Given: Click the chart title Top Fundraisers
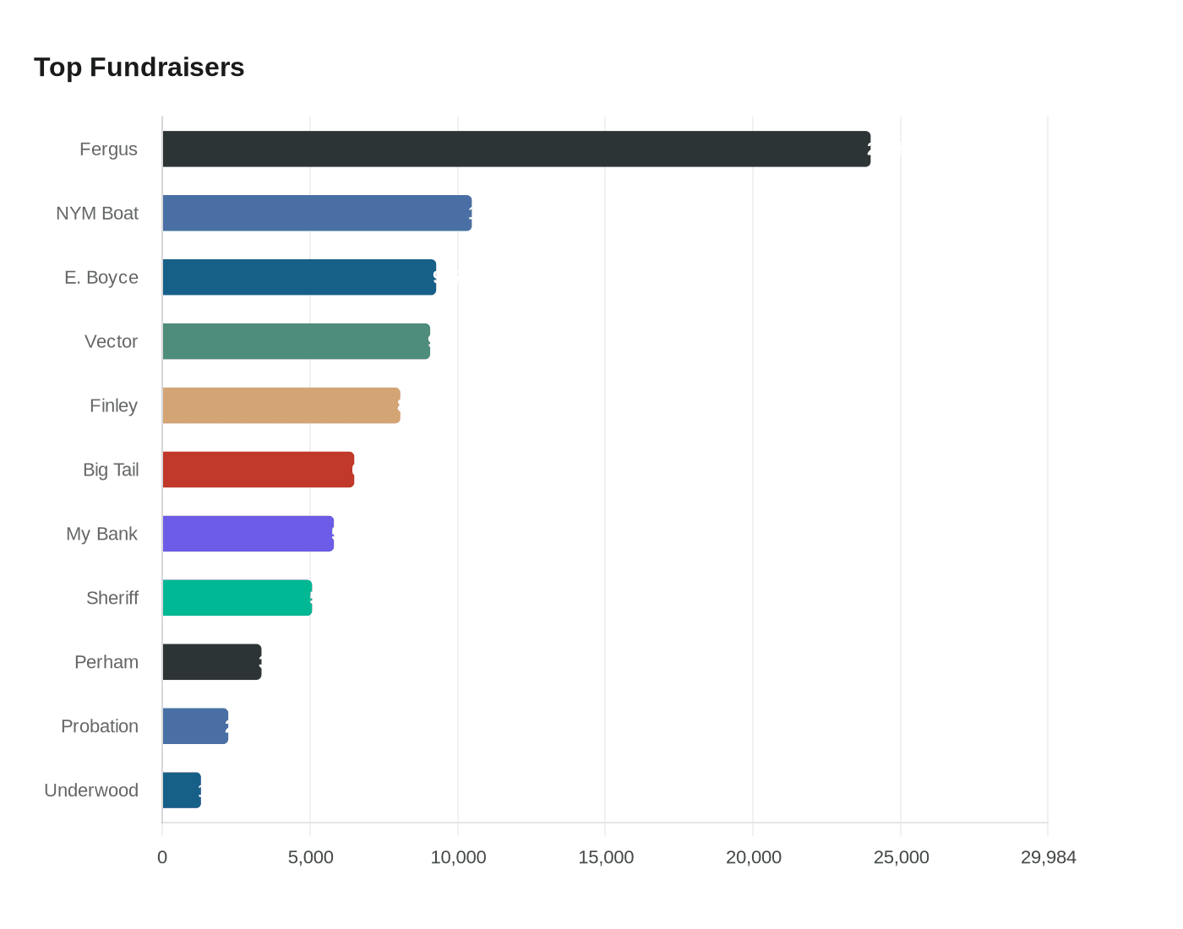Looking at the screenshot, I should coord(139,68).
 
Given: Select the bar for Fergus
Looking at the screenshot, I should coord(515,149).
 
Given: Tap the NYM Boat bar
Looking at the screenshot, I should coord(317,213).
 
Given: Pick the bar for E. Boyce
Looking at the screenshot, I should coord(299,277).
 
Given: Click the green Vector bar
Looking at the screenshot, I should coord(296,341).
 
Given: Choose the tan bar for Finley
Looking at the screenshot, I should coord(281,405).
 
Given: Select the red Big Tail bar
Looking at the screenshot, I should coord(258,470).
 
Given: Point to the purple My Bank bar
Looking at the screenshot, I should coord(248,534).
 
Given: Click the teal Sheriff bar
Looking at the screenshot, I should coord(237,598).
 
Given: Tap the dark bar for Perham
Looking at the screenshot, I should coord(211,662).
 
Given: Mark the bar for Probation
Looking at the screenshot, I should coord(195,726).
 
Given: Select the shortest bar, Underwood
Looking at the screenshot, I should coord(182,790).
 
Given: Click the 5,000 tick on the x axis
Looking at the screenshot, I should coord(310,857).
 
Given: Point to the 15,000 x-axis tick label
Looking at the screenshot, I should coord(606,857).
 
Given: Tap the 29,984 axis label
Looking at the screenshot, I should coord(1048,857).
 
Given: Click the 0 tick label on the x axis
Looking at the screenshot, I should coord(162,857).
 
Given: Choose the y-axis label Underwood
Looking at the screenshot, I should coord(91,790).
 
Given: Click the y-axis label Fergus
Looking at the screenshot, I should coord(108,149).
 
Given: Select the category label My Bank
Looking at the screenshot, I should coord(101,534).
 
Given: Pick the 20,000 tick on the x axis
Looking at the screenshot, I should coord(753,857).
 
